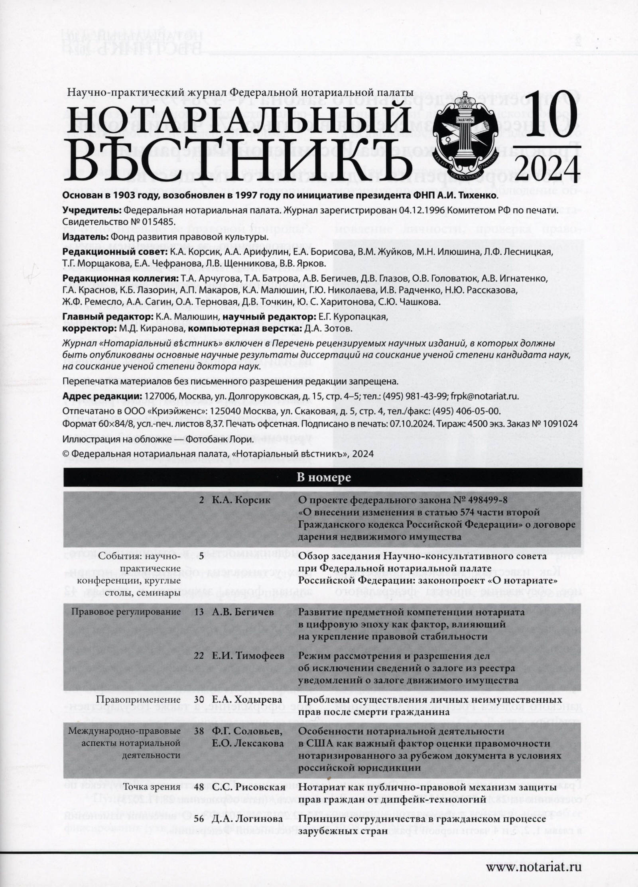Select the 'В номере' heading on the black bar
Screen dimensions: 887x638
(323, 478)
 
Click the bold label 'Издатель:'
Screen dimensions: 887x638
(83, 237)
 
